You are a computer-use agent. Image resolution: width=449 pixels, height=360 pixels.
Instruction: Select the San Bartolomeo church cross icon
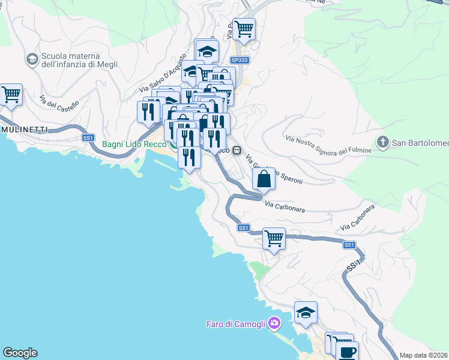point(382,142)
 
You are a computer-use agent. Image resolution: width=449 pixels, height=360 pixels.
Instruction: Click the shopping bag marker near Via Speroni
point(264,178)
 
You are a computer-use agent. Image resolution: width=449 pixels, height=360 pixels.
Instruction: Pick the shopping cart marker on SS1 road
point(274,238)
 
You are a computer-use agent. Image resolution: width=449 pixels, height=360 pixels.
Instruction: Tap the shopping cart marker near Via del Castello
point(11,95)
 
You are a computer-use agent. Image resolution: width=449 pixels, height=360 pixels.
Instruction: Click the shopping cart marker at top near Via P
point(244,29)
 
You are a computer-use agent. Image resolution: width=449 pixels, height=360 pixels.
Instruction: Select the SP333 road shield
point(239,61)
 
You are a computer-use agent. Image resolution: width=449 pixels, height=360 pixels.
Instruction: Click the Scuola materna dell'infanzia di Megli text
point(79,60)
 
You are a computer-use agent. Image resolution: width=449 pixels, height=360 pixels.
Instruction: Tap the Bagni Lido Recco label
point(134,144)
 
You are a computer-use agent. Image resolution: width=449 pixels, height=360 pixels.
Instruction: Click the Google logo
point(20,353)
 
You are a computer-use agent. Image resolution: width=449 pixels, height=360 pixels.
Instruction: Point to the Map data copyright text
point(424,355)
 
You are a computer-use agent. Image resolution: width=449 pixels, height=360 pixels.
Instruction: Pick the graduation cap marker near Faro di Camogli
point(306,313)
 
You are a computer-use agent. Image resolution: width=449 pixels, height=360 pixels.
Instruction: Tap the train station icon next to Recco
point(237,150)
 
